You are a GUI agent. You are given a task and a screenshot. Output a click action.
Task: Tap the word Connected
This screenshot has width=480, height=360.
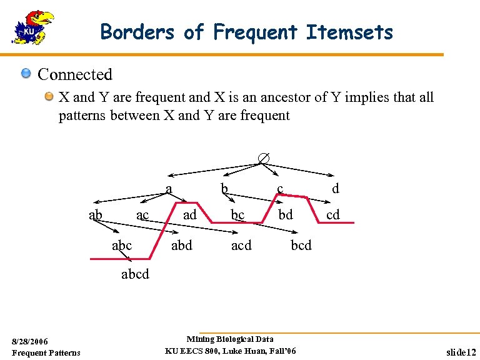75,74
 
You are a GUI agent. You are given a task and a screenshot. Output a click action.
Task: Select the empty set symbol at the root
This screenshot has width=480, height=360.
264,159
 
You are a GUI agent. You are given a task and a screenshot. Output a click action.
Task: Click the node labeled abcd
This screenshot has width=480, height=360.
135,274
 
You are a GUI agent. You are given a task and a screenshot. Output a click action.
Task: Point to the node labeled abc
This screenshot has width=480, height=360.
122,246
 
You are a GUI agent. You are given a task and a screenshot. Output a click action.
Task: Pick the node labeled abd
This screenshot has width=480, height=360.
182,246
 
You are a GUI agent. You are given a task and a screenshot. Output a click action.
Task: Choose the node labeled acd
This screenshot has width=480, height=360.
241,246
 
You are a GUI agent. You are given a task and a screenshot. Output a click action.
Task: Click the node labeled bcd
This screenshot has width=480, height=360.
301,246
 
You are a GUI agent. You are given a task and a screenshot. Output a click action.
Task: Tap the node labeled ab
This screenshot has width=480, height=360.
96,215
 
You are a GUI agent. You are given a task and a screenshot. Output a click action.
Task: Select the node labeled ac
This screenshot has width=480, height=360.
142,215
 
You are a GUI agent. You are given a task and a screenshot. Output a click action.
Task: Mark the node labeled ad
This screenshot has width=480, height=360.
189,215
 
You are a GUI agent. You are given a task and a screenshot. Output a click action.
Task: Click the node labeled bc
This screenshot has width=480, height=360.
237,215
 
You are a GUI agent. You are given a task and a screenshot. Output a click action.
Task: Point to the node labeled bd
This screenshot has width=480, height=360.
286,215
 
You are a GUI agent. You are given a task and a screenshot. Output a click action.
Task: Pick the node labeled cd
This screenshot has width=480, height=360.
333,215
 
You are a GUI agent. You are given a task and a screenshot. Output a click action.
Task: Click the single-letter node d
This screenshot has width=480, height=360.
336,187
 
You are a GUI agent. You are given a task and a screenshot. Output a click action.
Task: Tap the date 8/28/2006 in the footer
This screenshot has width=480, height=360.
30,342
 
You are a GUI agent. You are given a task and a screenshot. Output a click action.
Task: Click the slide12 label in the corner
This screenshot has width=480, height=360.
462,352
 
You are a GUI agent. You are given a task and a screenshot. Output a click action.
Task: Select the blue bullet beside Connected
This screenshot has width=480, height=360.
26,74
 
